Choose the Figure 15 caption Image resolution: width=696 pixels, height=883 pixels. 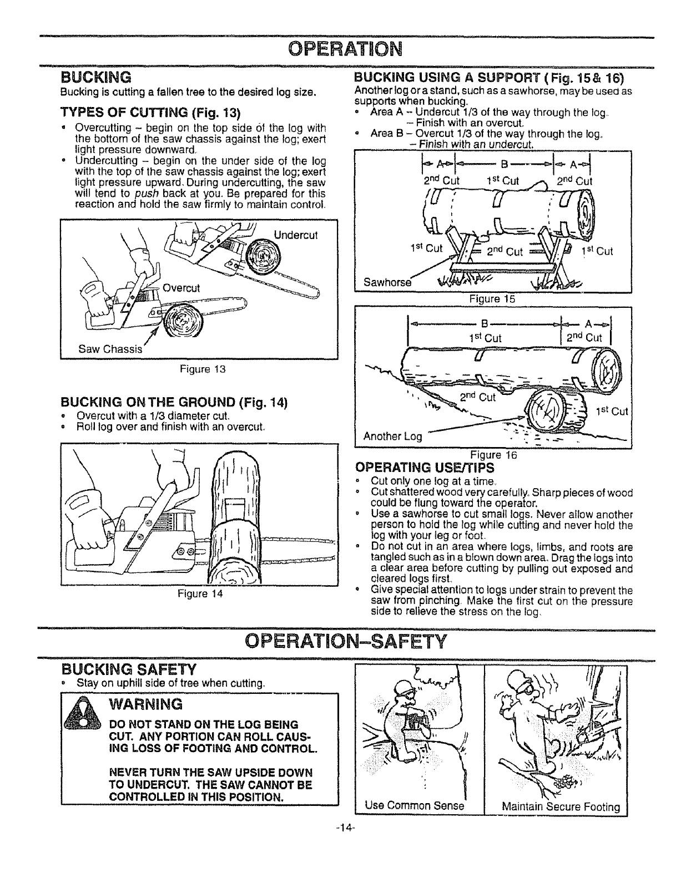[492, 299]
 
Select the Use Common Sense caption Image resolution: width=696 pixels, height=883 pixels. [414, 805]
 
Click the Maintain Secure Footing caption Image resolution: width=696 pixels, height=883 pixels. [560, 806]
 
